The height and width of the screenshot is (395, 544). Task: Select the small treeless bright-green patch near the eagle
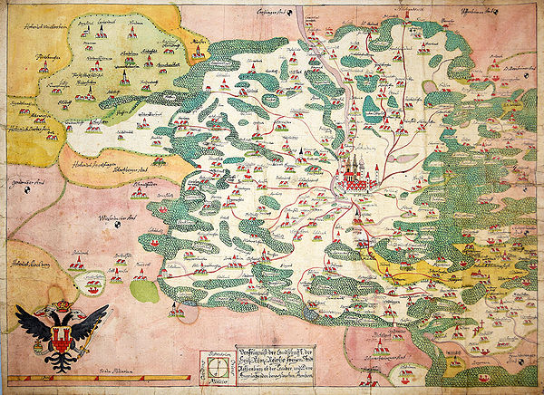pos(143,291)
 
